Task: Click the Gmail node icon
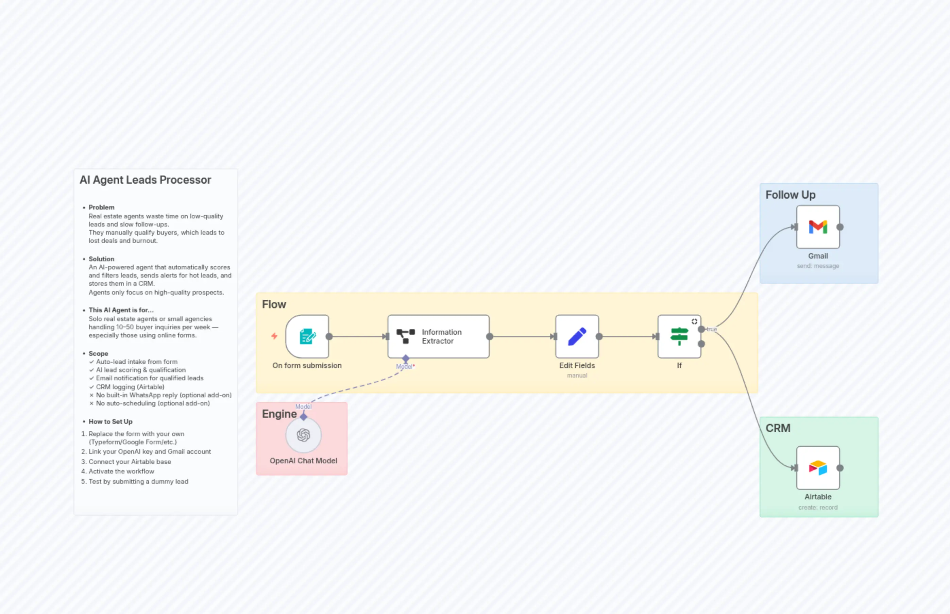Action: point(818,227)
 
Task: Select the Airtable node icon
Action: point(818,468)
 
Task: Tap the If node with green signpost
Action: point(679,336)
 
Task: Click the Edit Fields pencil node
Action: point(577,336)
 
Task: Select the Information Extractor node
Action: point(438,336)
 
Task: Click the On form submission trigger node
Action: point(307,336)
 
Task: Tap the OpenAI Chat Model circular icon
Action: point(303,435)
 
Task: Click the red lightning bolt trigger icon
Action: point(274,336)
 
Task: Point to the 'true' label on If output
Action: point(712,329)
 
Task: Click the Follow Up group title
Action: point(790,195)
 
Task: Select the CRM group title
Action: point(778,428)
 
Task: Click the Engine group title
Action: point(279,414)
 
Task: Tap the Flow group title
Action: point(274,304)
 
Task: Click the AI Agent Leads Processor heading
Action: point(145,180)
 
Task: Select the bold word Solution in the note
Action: point(101,259)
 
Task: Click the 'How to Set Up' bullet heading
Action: point(111,421)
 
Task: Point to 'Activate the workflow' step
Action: point(121,471)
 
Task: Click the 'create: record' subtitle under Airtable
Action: point(818,508)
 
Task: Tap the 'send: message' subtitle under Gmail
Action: point(818,266)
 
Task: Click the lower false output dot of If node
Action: point(701,344)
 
